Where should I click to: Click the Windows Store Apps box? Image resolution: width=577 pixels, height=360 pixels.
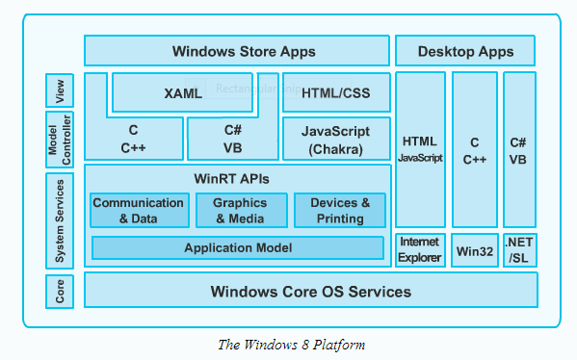click(237, 51)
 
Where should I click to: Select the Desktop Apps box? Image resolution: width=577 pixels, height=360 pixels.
click(465, 51)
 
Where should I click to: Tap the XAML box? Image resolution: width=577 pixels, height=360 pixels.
click(182, 92)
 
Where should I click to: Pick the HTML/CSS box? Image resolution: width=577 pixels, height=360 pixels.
click(336, 92)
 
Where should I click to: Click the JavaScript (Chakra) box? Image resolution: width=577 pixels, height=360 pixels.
click(336, 139)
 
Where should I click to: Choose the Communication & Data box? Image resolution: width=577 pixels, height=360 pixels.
click(140, 211)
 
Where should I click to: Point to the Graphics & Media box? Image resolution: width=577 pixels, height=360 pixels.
click(242, 211)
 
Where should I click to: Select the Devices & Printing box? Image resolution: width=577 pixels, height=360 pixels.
click(340, 211)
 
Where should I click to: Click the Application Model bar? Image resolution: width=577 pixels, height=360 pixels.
click(238, 247)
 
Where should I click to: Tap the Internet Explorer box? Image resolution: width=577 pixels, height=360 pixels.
click(420, 250)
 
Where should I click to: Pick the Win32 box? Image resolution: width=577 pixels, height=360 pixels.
click(475, 250)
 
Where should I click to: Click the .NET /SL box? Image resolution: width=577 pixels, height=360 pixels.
click(520, 250)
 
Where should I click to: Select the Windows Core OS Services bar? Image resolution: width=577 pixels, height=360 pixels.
click(311, 290)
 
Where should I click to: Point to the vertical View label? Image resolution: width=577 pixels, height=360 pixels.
click(60, 90)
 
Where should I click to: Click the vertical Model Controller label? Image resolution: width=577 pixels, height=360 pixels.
click(60, 140)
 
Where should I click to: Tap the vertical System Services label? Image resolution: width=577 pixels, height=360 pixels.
click(60, 221)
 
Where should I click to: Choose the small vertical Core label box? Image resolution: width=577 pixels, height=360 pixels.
click(60, 292)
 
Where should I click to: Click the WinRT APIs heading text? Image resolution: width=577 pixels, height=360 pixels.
click(231, 179)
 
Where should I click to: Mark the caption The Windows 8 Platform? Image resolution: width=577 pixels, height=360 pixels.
click(292, 345)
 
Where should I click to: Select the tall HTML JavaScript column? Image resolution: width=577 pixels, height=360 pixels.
click(420, 149)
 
